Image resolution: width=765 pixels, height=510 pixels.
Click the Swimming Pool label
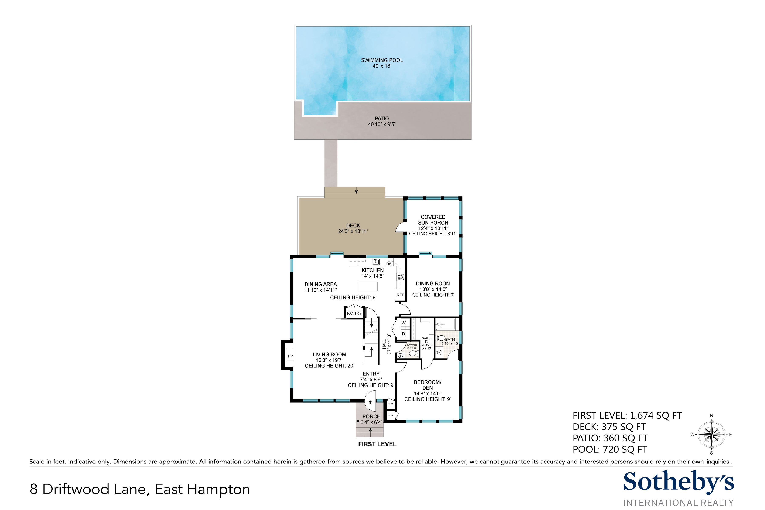(382, 60)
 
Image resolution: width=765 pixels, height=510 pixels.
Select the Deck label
(353, 225)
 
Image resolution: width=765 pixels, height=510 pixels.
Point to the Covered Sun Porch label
(433, 220)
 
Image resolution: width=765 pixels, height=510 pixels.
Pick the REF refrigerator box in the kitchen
(400, 295)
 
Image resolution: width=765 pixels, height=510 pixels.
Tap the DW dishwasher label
(389, 264)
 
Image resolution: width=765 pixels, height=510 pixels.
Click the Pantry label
(354, 313)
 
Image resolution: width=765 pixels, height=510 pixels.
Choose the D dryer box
(404, 334)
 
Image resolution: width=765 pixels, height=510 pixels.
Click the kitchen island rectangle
(368, 286)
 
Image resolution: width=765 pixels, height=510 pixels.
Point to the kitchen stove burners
(400, 277)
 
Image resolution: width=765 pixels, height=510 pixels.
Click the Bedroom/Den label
(427, 385)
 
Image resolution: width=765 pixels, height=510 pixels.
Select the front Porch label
(371, 416)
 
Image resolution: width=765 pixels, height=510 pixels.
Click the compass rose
(711, 435)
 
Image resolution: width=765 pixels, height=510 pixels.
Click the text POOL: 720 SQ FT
(610, 449)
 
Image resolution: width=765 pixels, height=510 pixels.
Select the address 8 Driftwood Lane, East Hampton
(140, 489)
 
